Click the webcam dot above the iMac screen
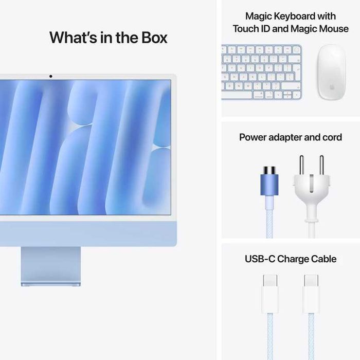point(50,77)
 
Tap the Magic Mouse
point(331,72)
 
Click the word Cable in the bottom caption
point(322,259)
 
